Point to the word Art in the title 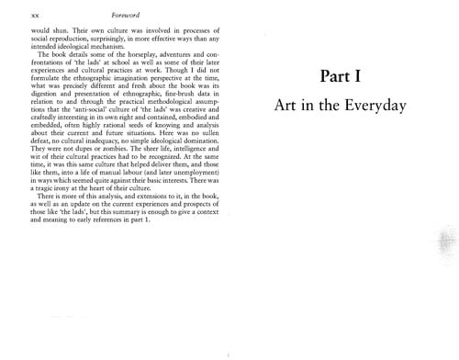pos(287,105)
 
